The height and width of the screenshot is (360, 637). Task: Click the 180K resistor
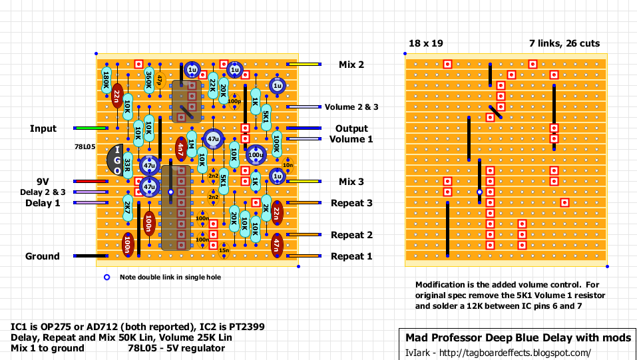pyautogui.click(x=106, y=81)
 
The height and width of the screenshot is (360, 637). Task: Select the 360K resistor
pyautogui.click(x=149, y=81)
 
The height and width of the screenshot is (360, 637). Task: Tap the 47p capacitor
pyautogui.click(x=160, y=81)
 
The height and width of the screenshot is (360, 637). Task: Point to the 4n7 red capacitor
pyautogui.click(x=180, y=149)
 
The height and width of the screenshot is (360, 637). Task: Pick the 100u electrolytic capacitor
pyautogui.click(x=255, y=155)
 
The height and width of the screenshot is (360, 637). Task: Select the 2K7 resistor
pyautogui.click(x=127, y=208)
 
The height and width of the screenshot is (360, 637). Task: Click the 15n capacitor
pyautogui.click(x=224, y=250)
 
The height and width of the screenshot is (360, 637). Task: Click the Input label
pyautogui.click(x=43, y=128)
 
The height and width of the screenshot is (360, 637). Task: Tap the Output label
pyautogui.click(x=351, y=128)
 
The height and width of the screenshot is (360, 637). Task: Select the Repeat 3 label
pyautogui.click(x=351, y=203)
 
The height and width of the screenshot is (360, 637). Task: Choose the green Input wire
pyautogui.click(x=91, y=128)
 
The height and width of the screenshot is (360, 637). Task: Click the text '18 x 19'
pyautogui.click(x=425, y=43)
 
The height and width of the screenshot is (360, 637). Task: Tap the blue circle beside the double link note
pyautogui.click(x=106, y=277)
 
